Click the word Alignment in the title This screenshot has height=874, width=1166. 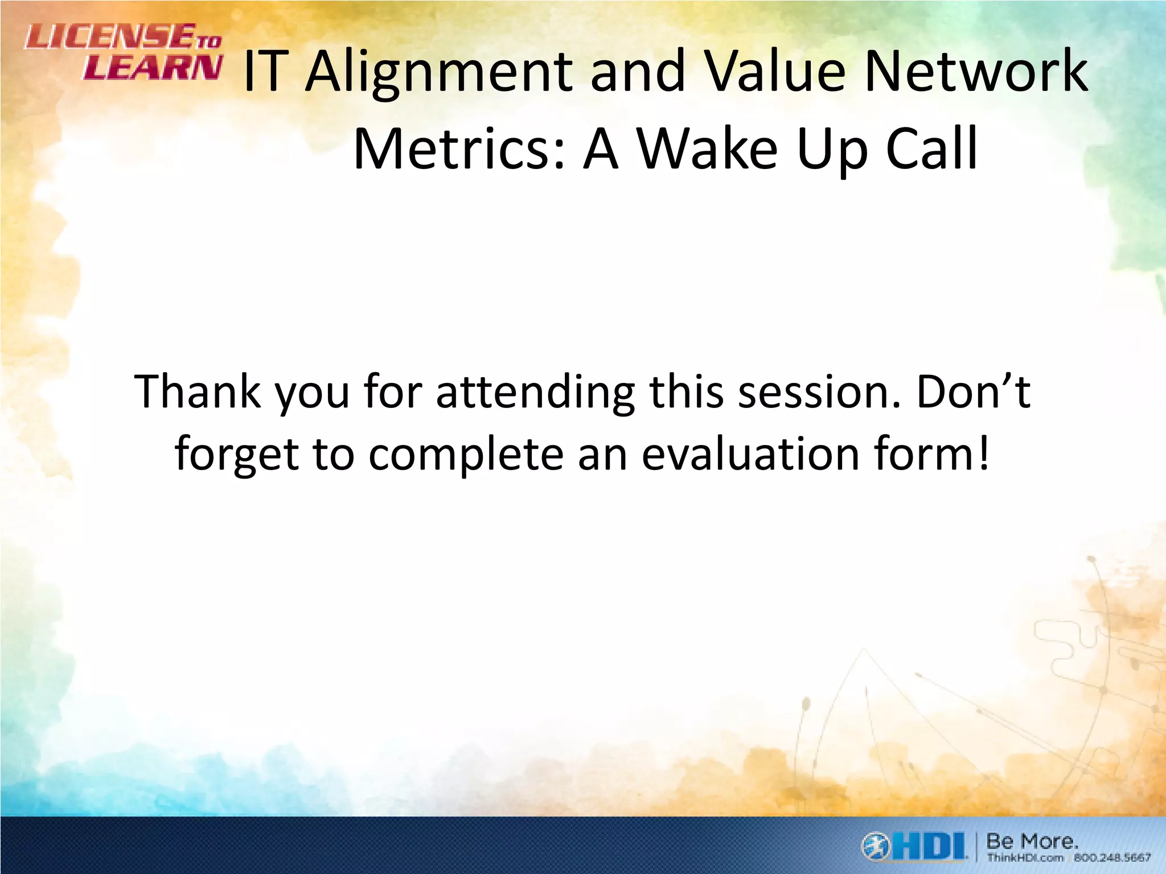[x=439, y=73]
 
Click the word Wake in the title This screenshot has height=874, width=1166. [x=707, y=149]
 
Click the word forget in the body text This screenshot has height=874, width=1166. [x=237, y=455]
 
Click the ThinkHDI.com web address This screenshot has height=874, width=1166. [x=1025, y=857]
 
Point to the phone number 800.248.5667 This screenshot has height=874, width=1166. [x=1112, y=857]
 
